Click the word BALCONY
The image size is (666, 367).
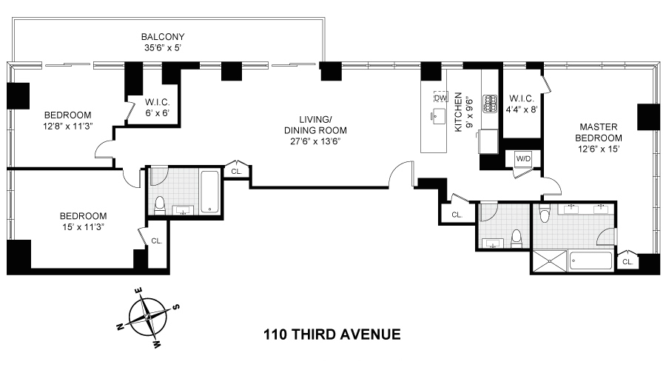[x=163, y=36]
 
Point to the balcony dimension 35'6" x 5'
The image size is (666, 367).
[x=163, y=47]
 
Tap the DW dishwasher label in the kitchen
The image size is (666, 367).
[x=440, y=98]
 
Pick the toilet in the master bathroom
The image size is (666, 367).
[x=545, y=215]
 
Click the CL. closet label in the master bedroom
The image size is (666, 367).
[x=628, y=261]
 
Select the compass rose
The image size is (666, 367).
[x=149, y=317]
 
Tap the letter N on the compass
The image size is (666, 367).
[x=121, y=326]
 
